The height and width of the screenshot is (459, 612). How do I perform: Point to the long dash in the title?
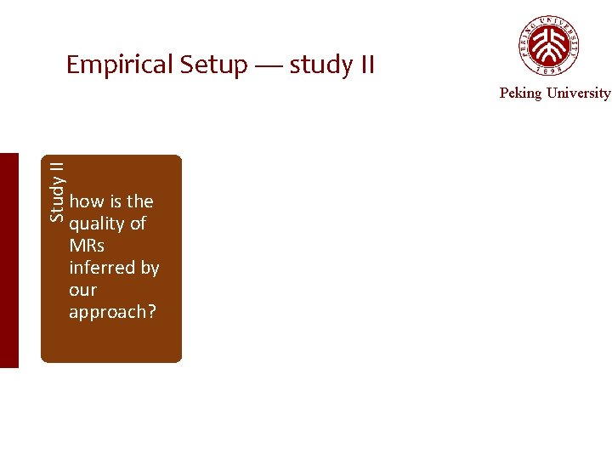click(268, 65)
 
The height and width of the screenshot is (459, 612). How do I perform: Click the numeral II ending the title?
click(363, 65)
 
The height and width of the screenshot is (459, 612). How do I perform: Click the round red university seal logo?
click(550, 45)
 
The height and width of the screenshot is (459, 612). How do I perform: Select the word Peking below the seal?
click(520, 93)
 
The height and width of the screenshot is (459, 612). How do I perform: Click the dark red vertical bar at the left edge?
click(8, 260)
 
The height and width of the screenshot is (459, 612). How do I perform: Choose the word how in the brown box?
click(87, 201)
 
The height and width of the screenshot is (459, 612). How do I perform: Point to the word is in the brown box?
click(116, 201)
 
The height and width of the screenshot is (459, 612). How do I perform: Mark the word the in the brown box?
click(139, 201)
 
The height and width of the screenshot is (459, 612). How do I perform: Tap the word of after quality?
click(138, 224)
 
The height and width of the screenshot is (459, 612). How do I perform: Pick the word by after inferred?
click(150, 268)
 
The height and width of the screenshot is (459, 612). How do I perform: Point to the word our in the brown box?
click(82, 290)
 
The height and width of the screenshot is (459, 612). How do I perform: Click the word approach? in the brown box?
click(112, 312)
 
